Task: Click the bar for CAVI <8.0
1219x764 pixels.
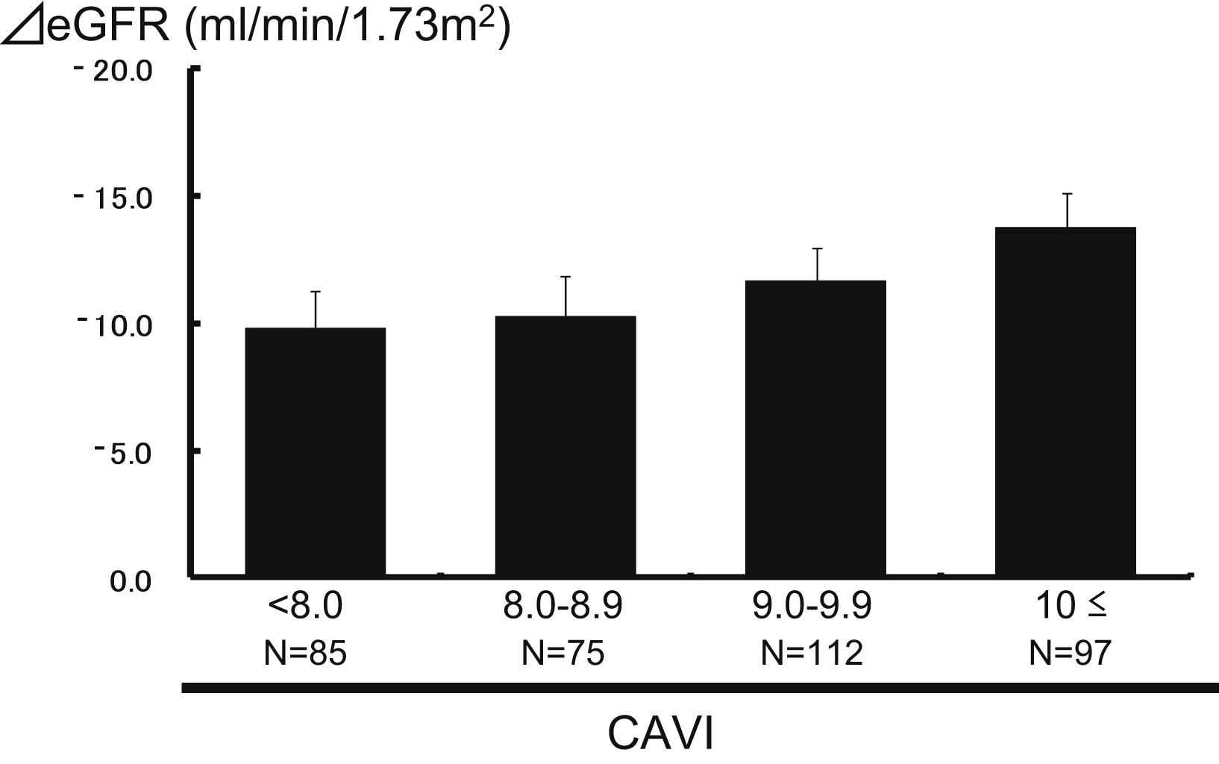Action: pyautogui.click(x=315, y=451)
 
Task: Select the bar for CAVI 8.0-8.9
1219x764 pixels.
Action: pyautogui.click(x=565, y=445)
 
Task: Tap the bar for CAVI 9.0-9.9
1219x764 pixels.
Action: pyautogui.click(x=815, y=428)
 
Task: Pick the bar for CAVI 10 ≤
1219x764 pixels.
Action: pyautogui.click(x=1065, y=401)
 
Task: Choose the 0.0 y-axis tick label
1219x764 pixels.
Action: pyautogui.click(x=131, y=581)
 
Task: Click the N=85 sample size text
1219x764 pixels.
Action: pyautogui.click(x=305, y=654)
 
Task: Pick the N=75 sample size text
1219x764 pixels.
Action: pyautogui.click(x=563, y=654)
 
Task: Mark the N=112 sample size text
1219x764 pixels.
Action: pyautogui.click(x=812, y=654)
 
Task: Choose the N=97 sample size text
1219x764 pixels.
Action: pyautogui.click(x=1071, y=654)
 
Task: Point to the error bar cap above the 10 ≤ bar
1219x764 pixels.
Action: pyautogui.click(x=1067, y=194)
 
